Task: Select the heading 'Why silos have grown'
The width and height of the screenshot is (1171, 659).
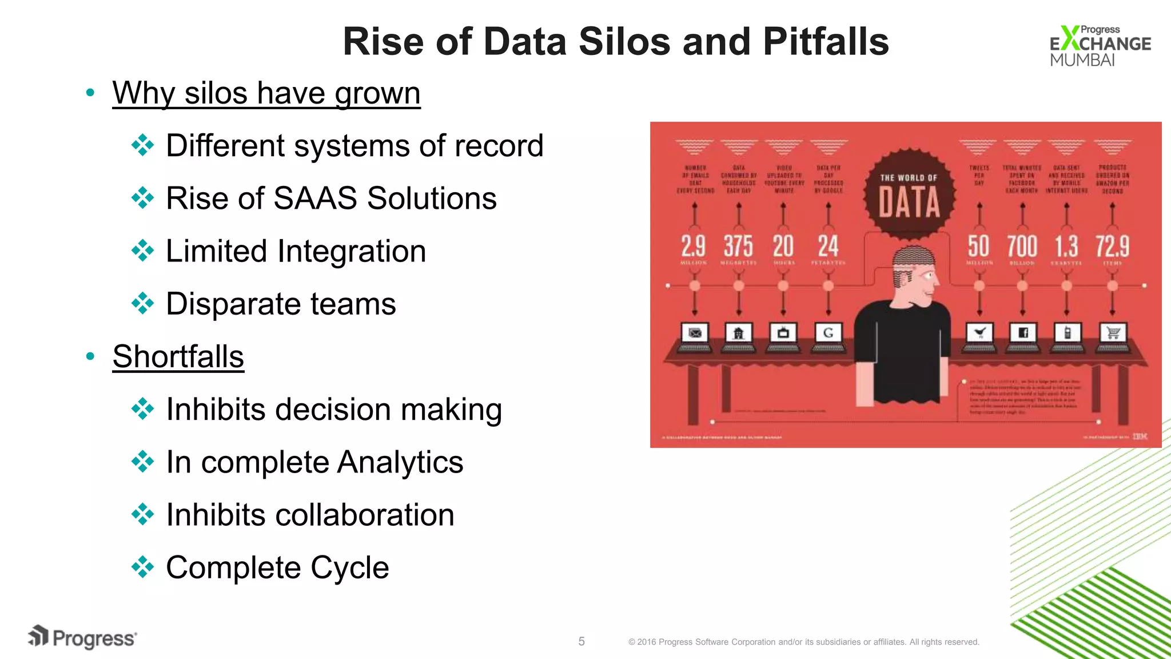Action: point(266,93)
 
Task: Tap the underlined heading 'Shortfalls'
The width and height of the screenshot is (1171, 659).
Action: point(178,356)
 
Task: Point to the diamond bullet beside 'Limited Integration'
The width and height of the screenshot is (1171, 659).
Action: point(142,251)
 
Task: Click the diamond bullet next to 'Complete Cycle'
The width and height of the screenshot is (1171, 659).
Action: point(142,567)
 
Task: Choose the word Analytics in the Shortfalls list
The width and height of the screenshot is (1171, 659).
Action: point(400,462)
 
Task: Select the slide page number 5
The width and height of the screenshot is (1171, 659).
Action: point(581,641)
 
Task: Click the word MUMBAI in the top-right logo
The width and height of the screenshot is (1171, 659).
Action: point(1082,60)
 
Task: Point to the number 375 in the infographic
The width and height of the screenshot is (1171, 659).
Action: point(738,247)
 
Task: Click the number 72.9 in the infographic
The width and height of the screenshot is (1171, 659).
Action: point(1112,247)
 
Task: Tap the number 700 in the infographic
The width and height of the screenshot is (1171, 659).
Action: point(1022,247)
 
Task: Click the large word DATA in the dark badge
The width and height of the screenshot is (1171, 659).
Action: point(909,203)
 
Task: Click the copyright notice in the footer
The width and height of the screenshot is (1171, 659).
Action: point(803,642)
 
